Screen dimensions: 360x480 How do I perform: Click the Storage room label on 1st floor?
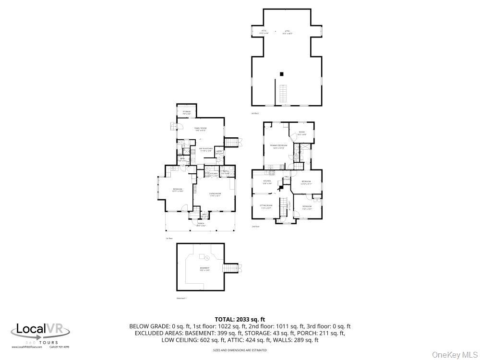click(x=186, y=112)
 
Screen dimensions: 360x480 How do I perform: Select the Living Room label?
click(x=215, y=194)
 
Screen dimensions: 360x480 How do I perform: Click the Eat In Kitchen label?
click(x=206, y=150)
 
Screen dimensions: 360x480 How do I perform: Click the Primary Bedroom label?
click(x=278, y=146)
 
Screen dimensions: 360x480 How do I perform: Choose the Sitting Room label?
click(x=266, y=207)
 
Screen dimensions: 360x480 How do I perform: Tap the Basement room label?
click(x=204, y=269)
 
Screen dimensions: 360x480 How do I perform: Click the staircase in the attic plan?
click(x=284, y=93)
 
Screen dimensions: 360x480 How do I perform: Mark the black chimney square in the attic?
click(x=282, y=74)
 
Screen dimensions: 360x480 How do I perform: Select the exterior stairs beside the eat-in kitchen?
click(x=232, y=142)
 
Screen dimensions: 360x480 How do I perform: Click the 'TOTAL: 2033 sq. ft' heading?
click(x=240, y=319)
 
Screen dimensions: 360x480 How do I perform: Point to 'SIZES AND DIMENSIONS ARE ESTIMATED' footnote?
click(x=240, y=350)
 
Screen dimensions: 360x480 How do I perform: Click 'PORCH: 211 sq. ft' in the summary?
click(x=323, y=333)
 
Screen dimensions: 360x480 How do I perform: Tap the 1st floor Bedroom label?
click(x=178, y=190)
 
